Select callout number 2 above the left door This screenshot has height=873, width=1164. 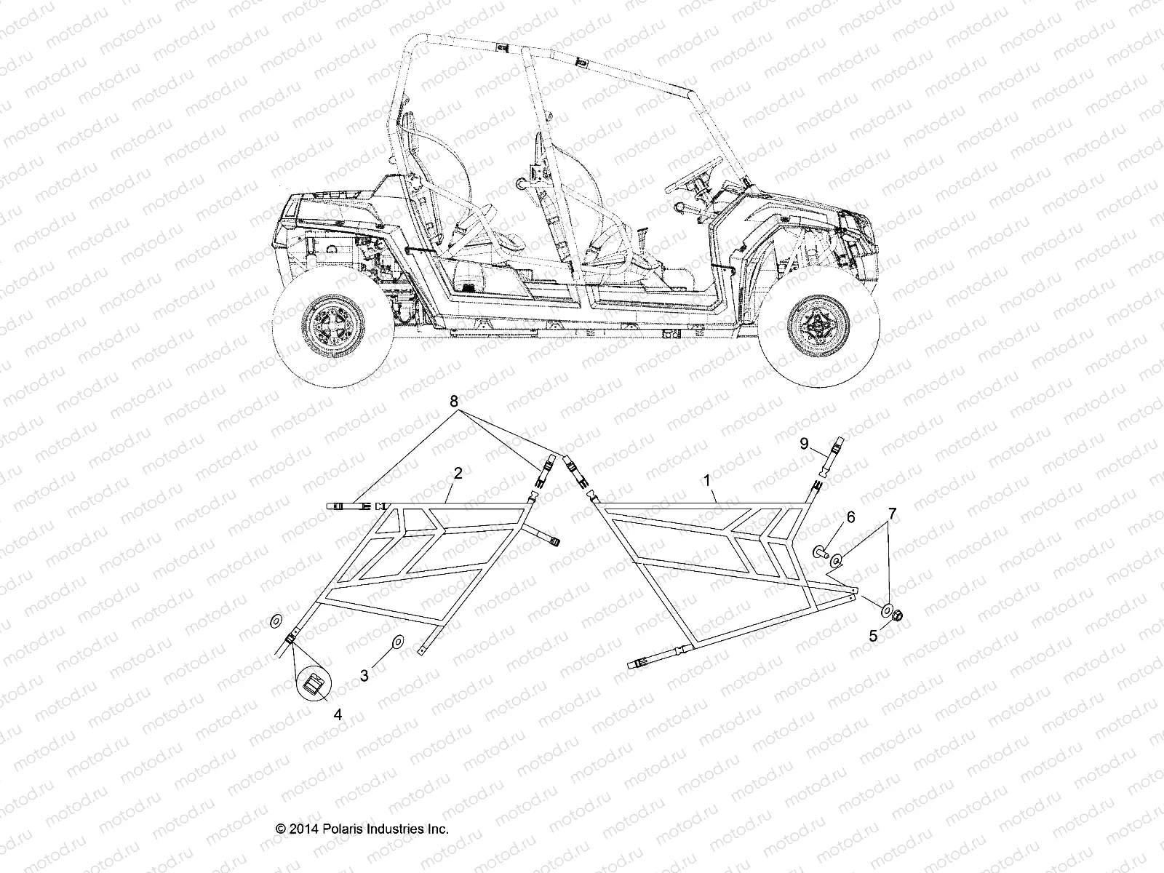[458, 474]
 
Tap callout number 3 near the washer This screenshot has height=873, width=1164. [364, 675]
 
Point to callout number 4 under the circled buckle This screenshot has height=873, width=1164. [337, 715]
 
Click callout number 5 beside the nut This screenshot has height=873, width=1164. [874, 635]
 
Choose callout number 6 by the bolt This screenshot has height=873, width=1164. [850, 517]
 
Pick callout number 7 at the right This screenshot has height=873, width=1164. [892, 513]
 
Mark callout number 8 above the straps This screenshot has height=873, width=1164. [454, 401]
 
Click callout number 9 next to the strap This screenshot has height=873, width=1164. [804, 443]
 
